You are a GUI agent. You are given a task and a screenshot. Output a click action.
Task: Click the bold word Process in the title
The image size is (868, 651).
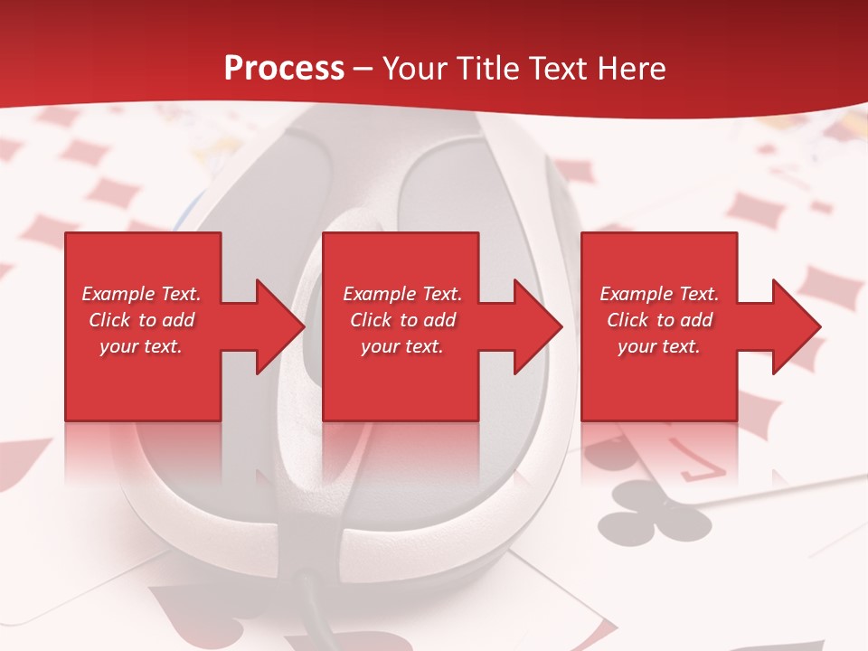(x=284, y=69)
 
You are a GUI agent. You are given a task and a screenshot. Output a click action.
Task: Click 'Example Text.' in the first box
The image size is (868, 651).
(x=141, y=294)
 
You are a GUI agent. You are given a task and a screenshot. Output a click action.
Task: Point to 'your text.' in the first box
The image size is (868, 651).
(x=141, y=346)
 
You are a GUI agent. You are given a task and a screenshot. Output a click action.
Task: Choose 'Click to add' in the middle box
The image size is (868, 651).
(x=402, y=320)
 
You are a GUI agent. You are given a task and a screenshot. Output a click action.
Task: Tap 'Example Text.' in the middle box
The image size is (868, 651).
(x=402, y=294)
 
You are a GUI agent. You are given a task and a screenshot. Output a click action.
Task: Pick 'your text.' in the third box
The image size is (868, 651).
(x=659, y=346)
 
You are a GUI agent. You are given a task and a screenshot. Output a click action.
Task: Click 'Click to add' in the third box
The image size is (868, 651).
(x=659, y=320)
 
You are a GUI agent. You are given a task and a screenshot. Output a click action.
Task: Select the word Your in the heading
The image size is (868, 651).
(x=413, y=69)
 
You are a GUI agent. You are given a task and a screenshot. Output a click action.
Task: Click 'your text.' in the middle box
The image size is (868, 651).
(x=402, y=346)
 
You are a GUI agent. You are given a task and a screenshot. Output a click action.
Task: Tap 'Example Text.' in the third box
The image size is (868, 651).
(x=659, y=294)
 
